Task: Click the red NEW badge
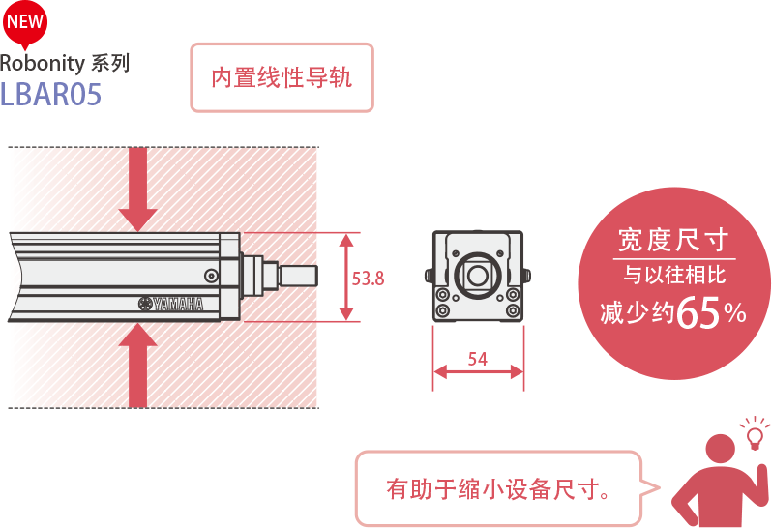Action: tap(26, 22)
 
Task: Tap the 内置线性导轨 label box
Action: tap(282, 77)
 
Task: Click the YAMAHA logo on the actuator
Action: tap(171, 304)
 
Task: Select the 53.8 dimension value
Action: tap(369, 279)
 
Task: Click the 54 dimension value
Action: tap(477, 359)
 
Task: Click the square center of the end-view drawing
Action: tap(477, 275)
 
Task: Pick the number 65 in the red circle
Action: tap(698, 312)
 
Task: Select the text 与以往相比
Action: tap(673, 276)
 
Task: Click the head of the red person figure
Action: tap(720, 449)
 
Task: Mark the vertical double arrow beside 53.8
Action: tap(345, 277)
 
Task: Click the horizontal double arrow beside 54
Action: tap(478, 372)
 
